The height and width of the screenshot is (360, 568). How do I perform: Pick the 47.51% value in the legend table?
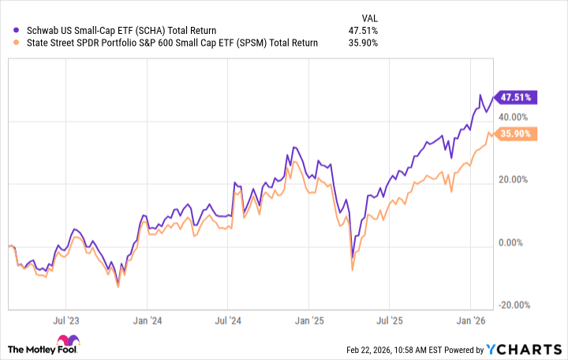pyautogui.click(x=362, y=29)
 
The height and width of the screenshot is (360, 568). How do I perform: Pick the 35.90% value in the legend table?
pyautogui.click(x=362, y=43)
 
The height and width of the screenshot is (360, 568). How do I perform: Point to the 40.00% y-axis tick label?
pyautogui.click(x=518, y=117)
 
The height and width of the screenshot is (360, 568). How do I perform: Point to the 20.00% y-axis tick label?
pyautogui.click(x=518, y=179)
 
